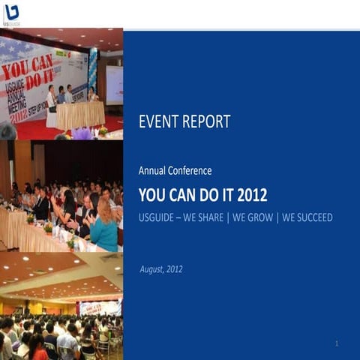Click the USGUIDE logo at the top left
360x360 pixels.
(10, 14)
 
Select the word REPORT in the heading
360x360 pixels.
(206, 121)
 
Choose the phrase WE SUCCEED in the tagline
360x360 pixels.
(307, 218)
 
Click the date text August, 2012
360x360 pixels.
(160, 269)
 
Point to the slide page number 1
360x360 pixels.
(337, 343)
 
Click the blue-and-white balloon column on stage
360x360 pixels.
(92, 72)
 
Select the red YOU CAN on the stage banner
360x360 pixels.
(28, 68)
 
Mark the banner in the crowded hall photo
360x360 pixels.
(99, 307)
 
